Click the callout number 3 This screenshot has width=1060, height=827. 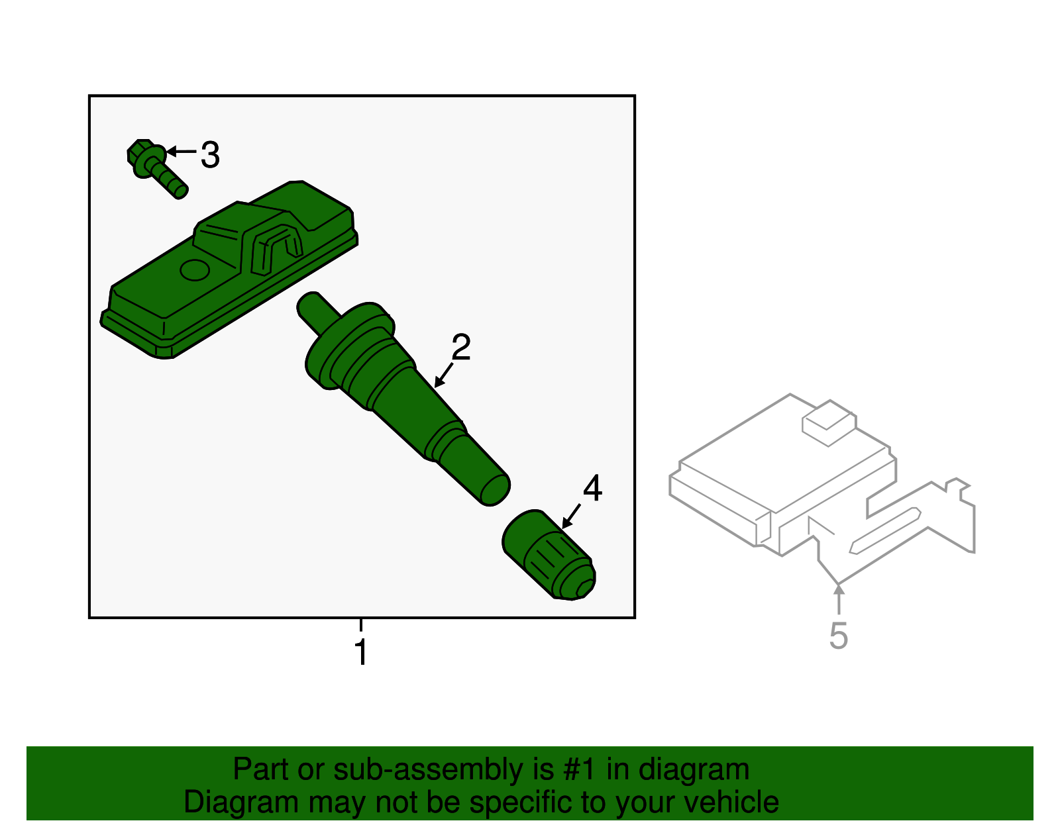210,156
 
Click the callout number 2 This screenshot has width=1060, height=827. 461,348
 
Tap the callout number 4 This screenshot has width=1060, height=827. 592,489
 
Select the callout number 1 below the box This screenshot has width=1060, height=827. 361,652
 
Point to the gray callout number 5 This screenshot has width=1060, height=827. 838,636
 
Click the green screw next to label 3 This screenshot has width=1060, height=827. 158,170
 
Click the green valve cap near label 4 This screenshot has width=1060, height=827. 549,556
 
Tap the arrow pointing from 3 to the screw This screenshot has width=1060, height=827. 180,152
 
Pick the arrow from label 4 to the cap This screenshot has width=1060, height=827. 571,516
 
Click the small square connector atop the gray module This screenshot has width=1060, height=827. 828,423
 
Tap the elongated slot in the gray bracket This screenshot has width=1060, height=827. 885,530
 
